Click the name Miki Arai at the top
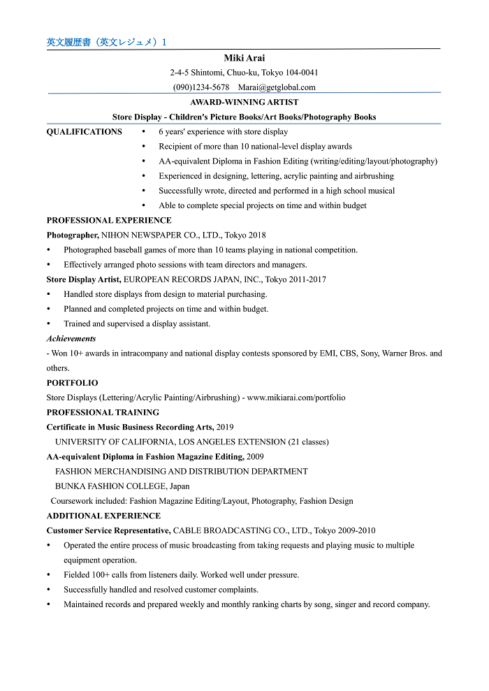[x=245, y=58]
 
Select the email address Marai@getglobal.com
[x=277, y=87]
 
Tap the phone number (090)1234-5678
[x=201, y=87]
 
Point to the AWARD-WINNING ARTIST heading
[x=245, y=102]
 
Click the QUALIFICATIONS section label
[x=84, y=132]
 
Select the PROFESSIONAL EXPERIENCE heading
[x=109, y=220]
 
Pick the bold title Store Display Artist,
[x=84, y=279]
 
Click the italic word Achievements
[x=71, y=338]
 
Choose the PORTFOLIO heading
[x=72, y=383]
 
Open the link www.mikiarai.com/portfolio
[x=296, y=398]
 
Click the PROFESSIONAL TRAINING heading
[x=103, y=412]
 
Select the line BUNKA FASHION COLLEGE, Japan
[x=122, y=486]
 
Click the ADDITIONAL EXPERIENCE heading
[x=103, y=516]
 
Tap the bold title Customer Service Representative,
[x=108, y=530]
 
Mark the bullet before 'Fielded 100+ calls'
[x=49, y=575]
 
